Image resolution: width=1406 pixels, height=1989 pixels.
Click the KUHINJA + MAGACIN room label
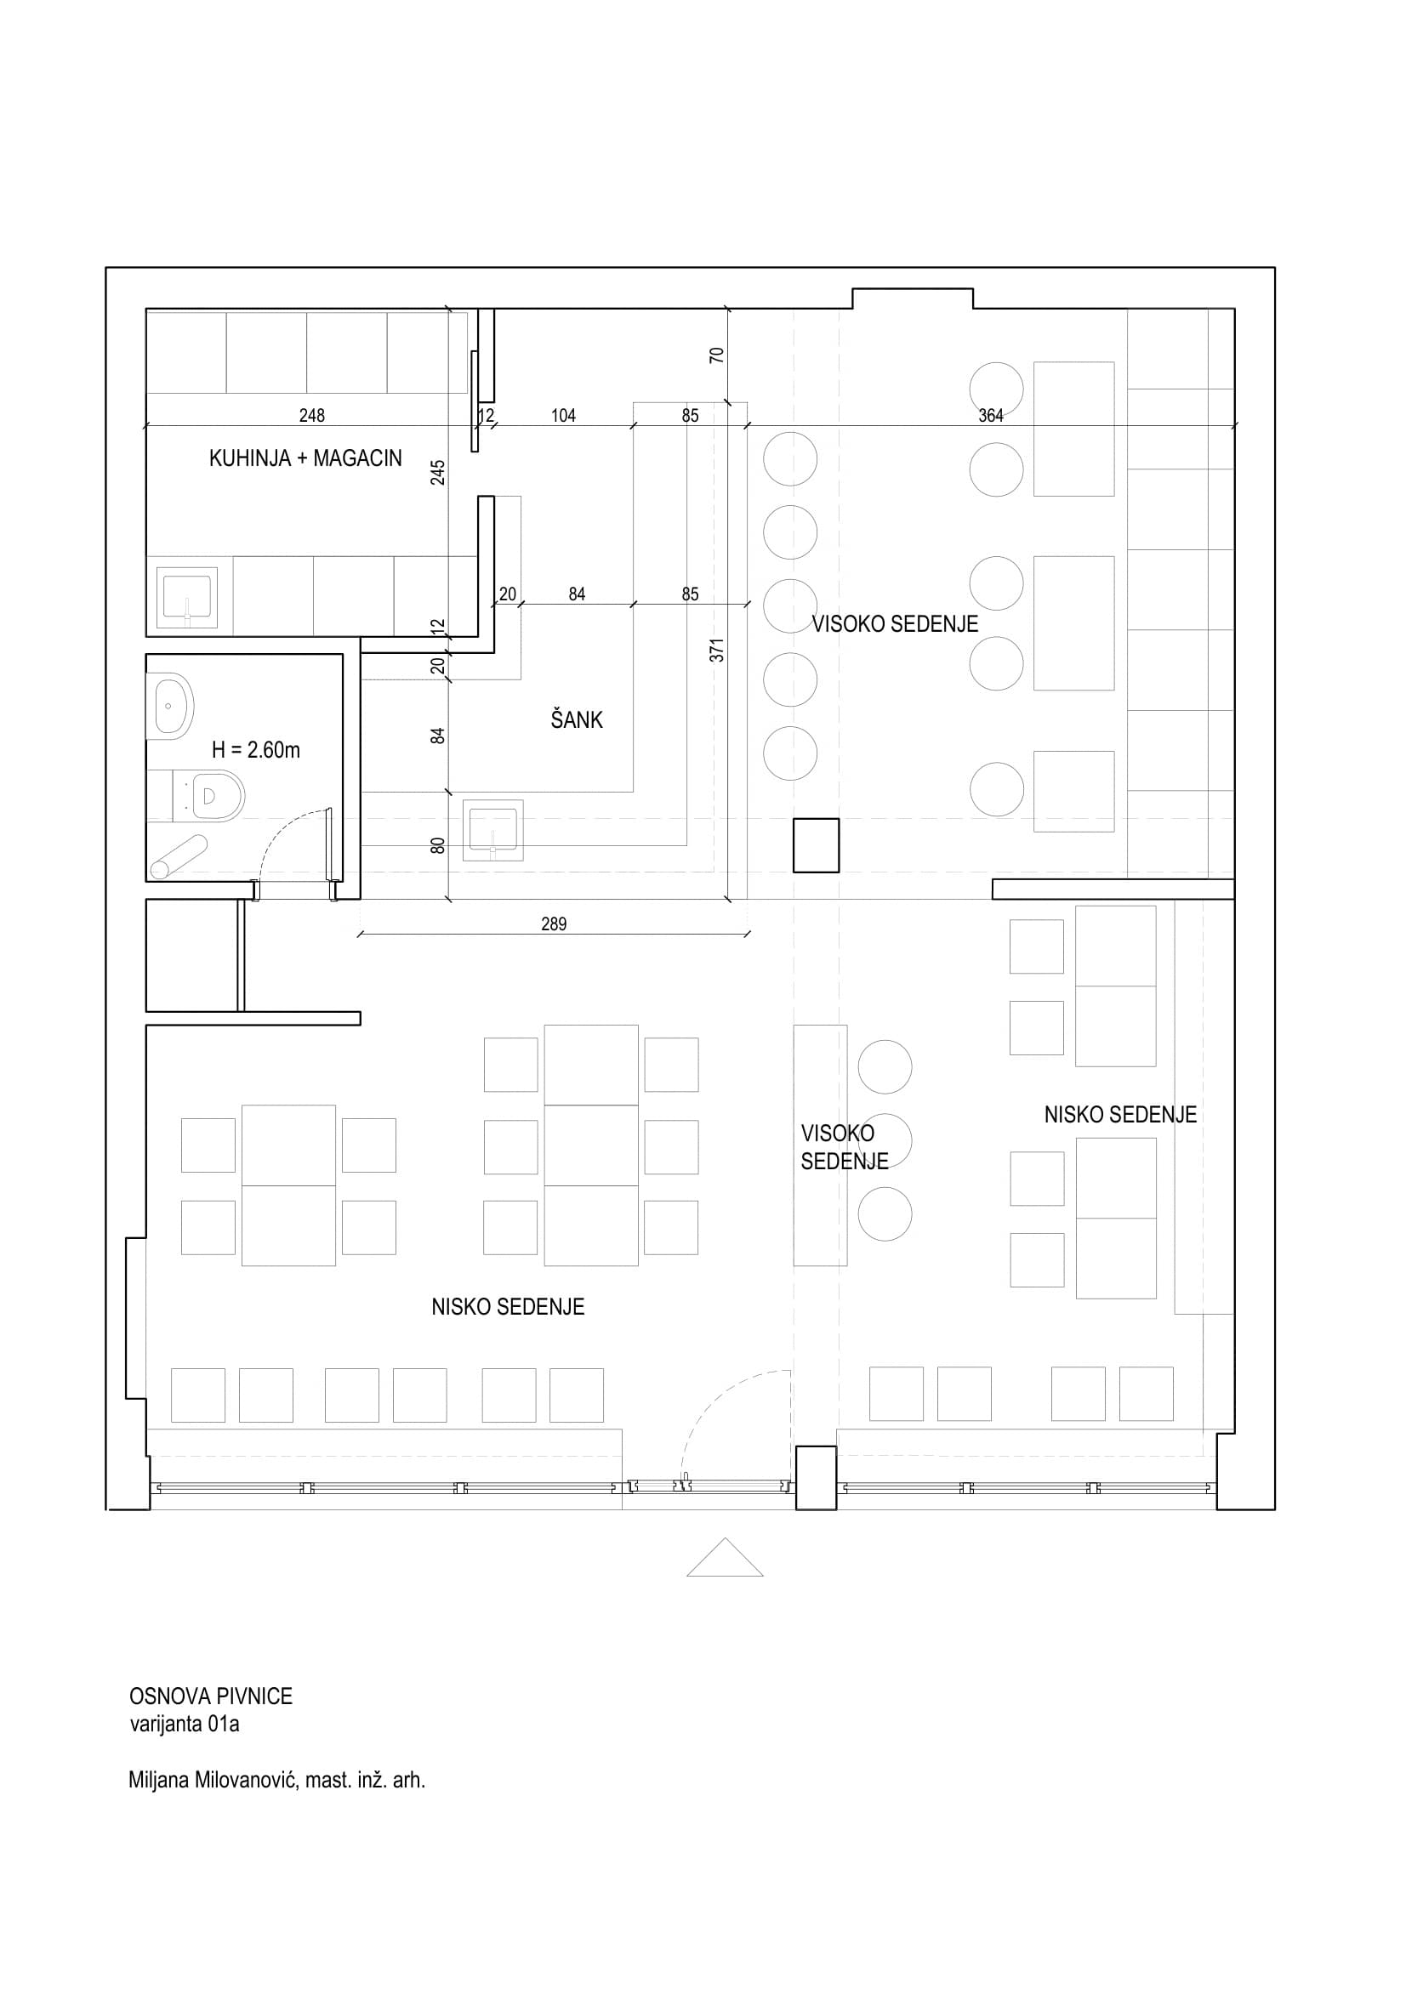[305, 458]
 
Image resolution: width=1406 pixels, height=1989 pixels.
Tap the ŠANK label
[577, 719]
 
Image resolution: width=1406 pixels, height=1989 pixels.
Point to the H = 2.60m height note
[255, 750]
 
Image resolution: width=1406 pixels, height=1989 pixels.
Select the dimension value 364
[990, 416]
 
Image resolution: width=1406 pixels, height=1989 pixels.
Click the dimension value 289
[554, 924]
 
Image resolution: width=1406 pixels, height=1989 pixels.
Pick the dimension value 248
[312, 416]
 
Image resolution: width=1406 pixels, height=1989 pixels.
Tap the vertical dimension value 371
[717, 650]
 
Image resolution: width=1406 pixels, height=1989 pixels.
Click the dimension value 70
[716, 355]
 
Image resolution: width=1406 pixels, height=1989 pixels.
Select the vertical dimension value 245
[438, 472]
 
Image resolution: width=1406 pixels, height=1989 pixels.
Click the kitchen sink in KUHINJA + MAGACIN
[187, 598]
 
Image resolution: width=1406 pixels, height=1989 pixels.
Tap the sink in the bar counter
[493, 831]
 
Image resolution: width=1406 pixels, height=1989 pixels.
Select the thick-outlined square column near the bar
[816, 845]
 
